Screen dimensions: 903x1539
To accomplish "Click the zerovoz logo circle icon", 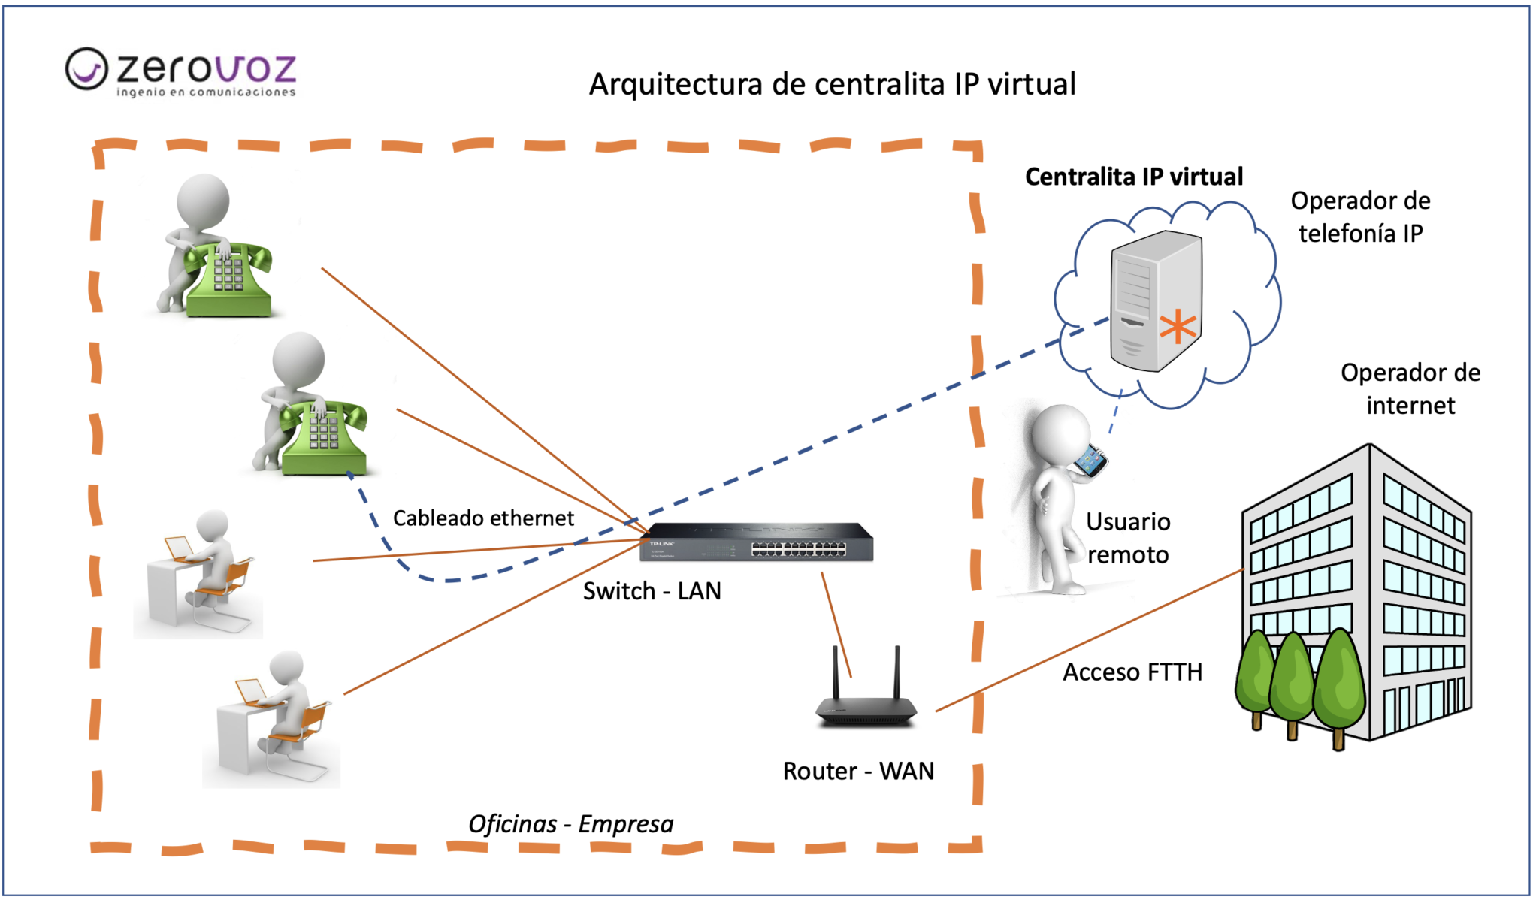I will [86, 68].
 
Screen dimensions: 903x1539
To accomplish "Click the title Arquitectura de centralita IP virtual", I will [832, 84].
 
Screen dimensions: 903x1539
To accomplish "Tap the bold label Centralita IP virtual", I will [1133, 177].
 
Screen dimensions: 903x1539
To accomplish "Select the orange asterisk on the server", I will [1177, 327].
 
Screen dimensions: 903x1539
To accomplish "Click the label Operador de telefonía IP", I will [1360, 217].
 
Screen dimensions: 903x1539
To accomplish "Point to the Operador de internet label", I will [1410, 389].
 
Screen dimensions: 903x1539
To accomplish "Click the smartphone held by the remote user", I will [1090, 461].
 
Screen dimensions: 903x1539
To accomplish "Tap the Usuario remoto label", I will [1127, 538].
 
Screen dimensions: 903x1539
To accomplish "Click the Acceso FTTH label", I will [1132, 672].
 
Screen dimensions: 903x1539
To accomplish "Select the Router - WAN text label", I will [858, 771].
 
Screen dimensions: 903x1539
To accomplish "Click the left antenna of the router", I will [835, 672].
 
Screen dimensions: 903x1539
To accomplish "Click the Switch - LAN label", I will [652, 591].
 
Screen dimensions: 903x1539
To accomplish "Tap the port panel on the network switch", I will [798, 550].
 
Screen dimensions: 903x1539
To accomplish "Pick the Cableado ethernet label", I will [483, 518].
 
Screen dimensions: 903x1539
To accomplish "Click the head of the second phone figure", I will [298, 360].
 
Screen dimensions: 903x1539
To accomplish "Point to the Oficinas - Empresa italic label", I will [570, 824].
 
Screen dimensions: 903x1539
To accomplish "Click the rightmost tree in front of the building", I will [1339, 680].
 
